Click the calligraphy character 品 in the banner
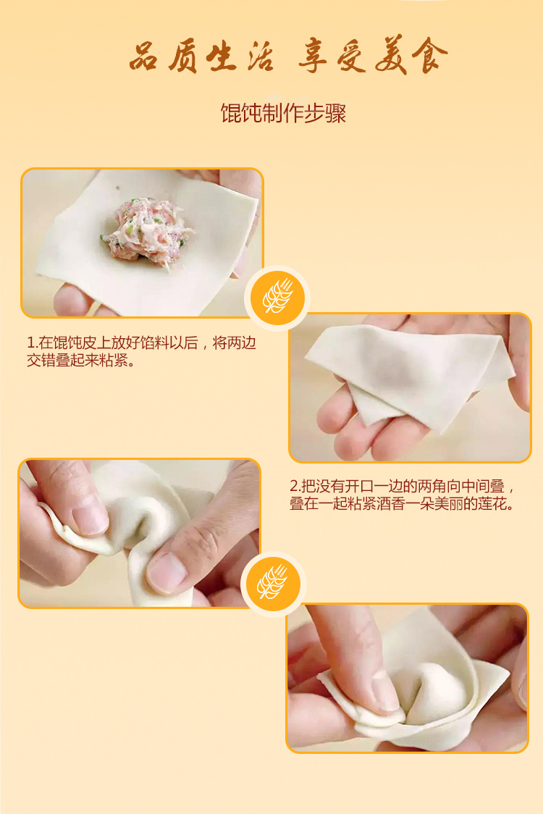click(143, 56)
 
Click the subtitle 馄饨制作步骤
click(283, 113)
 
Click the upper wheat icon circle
click(277, 298)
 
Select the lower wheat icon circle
click(274, 584)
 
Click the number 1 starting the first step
click(30, 343)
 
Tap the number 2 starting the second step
click(294, 487)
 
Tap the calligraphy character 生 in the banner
click(222, 56)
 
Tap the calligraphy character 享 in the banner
click(313, 56)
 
